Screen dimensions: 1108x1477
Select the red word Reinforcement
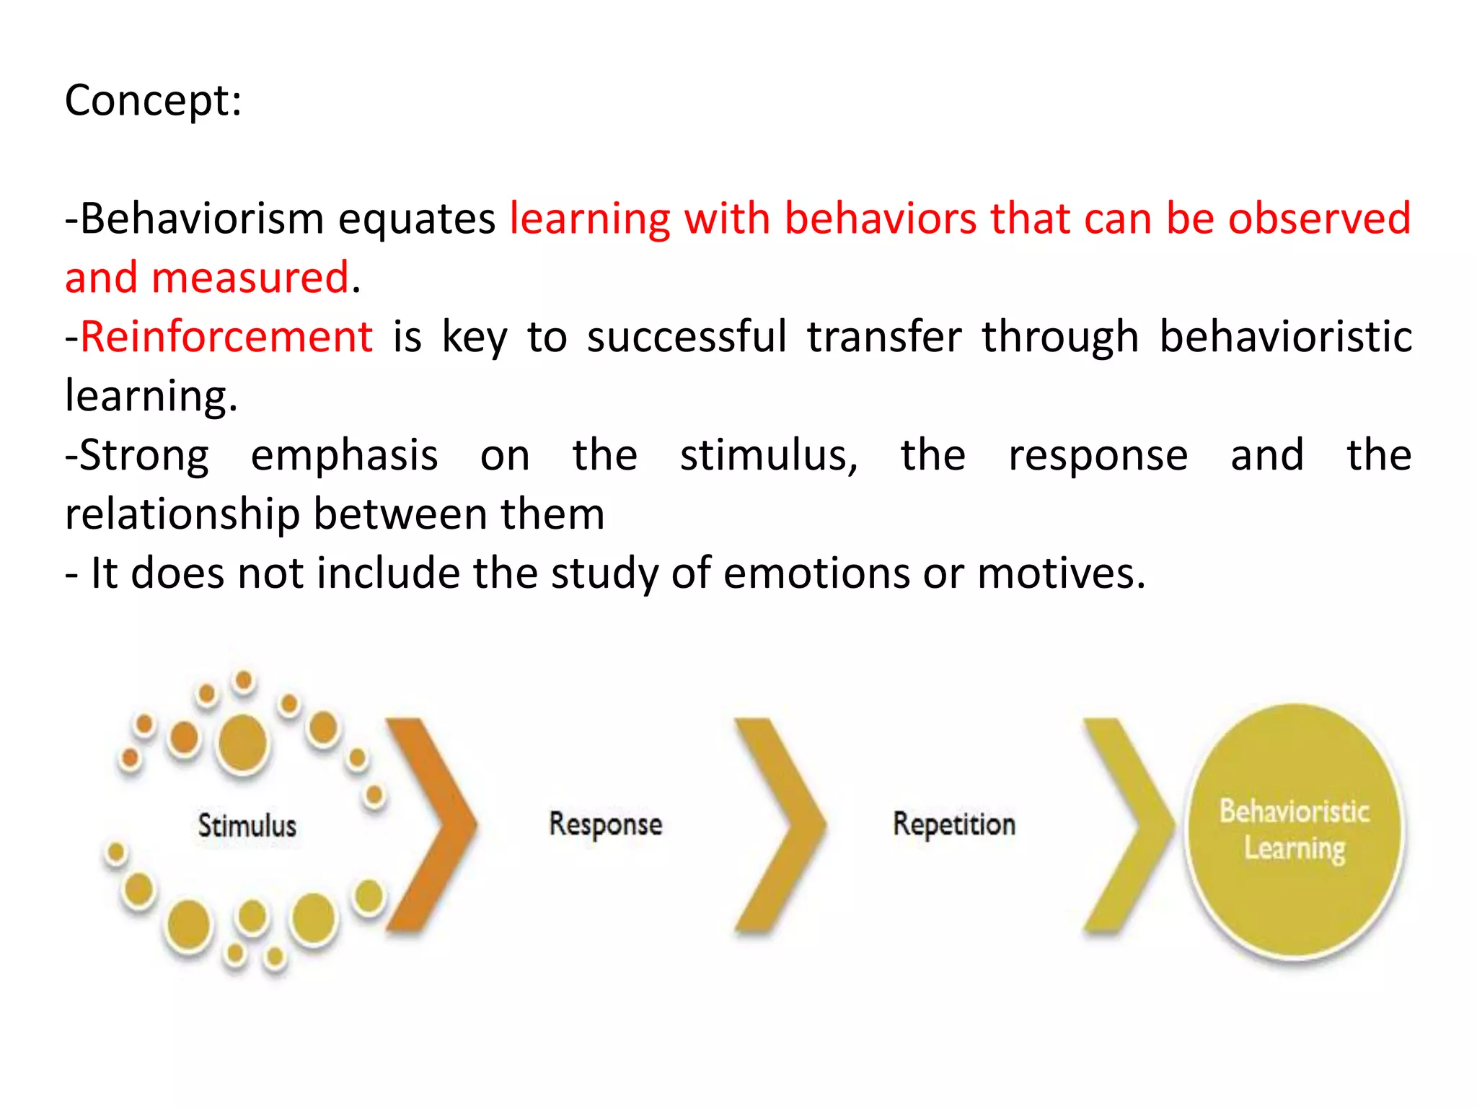[x=226, y=337]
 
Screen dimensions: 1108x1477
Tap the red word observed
[x=1319, y=219]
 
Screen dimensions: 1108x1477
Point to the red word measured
[x=250, y=278]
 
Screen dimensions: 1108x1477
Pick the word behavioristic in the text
[x=1285, y=337]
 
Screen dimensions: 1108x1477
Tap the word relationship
[x=182, y=514]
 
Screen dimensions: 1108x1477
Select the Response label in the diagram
[x=605, y=825]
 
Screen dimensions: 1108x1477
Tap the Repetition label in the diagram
[x=953, y=825]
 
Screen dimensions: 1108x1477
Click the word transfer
[x=884, y=337]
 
